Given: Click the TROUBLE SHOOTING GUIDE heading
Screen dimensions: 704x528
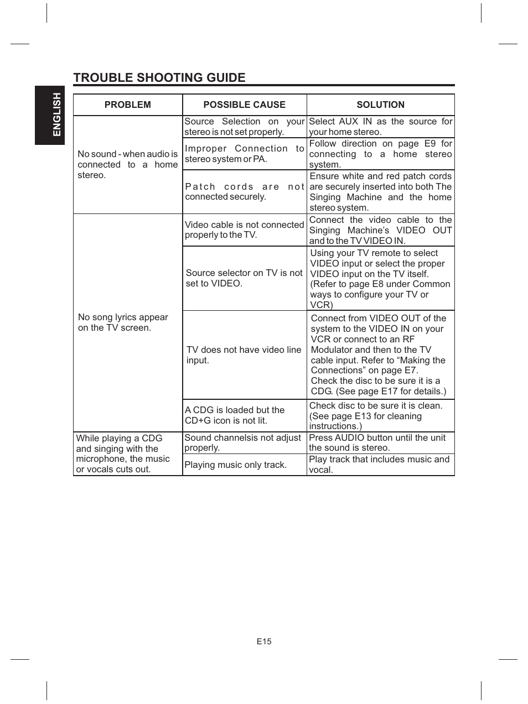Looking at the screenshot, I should pos(159,77).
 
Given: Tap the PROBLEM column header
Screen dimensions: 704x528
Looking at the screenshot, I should pos(127,105).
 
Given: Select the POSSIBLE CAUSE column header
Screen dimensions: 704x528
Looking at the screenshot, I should pos(244,105).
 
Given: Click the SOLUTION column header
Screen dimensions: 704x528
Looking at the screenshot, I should pos(380,105).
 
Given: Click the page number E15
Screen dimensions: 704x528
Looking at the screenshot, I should pos(264,642).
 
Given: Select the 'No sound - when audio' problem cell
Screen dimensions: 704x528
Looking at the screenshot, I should pos(127,164).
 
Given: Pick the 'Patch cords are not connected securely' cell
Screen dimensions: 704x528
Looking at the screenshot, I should pos(244,191).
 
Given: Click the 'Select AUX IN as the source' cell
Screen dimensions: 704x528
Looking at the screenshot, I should pos(380,127).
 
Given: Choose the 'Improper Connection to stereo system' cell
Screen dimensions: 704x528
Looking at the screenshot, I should pos(244,154).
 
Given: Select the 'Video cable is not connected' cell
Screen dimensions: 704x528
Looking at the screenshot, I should pos(244,230).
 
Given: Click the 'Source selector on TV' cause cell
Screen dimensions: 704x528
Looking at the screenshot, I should pos(244,278).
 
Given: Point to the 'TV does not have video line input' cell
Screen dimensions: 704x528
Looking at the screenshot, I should pos(244,354).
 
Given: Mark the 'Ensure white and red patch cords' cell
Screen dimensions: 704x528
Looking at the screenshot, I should pos(380,192).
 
